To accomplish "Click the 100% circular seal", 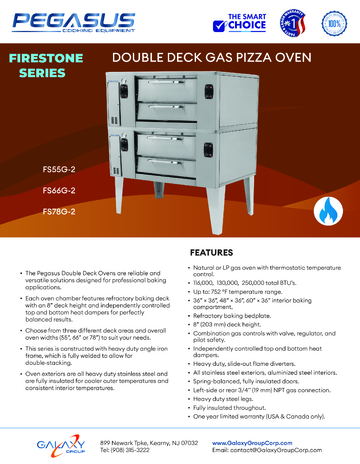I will pos(330,21).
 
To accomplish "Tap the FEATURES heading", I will pos(214,252).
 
